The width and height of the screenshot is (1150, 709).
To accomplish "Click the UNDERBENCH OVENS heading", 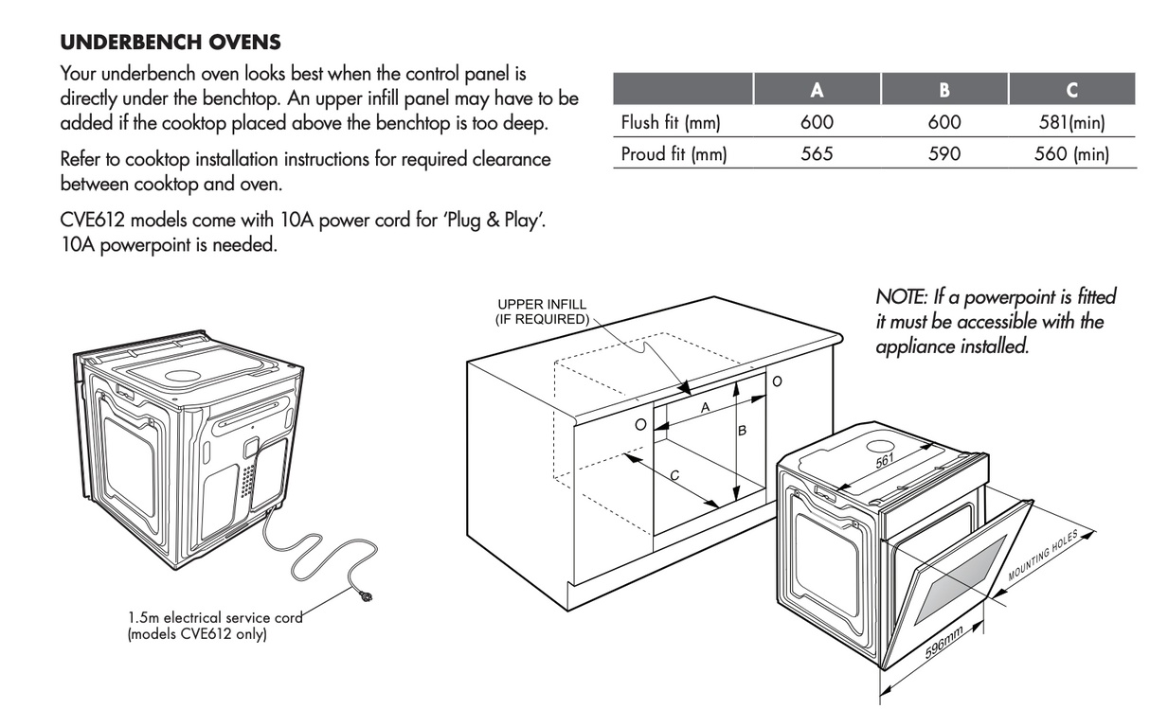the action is (171, 42).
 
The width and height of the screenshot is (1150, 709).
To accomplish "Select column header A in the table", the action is (817, 90).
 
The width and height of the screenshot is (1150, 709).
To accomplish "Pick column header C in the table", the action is (1071, 90).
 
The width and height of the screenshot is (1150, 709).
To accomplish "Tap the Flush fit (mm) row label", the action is (671, 123).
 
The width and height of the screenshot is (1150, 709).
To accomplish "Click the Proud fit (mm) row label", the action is (674, 154).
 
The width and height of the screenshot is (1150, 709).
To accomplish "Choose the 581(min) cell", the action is (1072, 123).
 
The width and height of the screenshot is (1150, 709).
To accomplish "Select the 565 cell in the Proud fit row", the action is (817, 154).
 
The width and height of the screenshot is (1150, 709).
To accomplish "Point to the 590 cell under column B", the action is (944, 154).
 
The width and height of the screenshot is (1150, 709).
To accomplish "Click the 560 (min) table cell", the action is (1071, 154).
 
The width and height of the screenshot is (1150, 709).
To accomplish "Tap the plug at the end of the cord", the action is (366, 596).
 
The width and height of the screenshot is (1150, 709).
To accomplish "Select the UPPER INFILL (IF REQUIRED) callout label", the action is (542, 312).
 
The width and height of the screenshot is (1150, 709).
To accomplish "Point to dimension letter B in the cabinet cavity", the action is (742, 431).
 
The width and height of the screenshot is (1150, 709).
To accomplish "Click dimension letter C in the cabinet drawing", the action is (674, 475).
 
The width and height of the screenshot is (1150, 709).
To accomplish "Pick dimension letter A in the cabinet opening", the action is (706, 407).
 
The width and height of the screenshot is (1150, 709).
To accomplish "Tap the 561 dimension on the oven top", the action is (885, 461).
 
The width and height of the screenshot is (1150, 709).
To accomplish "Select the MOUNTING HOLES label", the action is (1043, 556).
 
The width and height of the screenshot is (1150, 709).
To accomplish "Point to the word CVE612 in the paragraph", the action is (93, 221).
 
